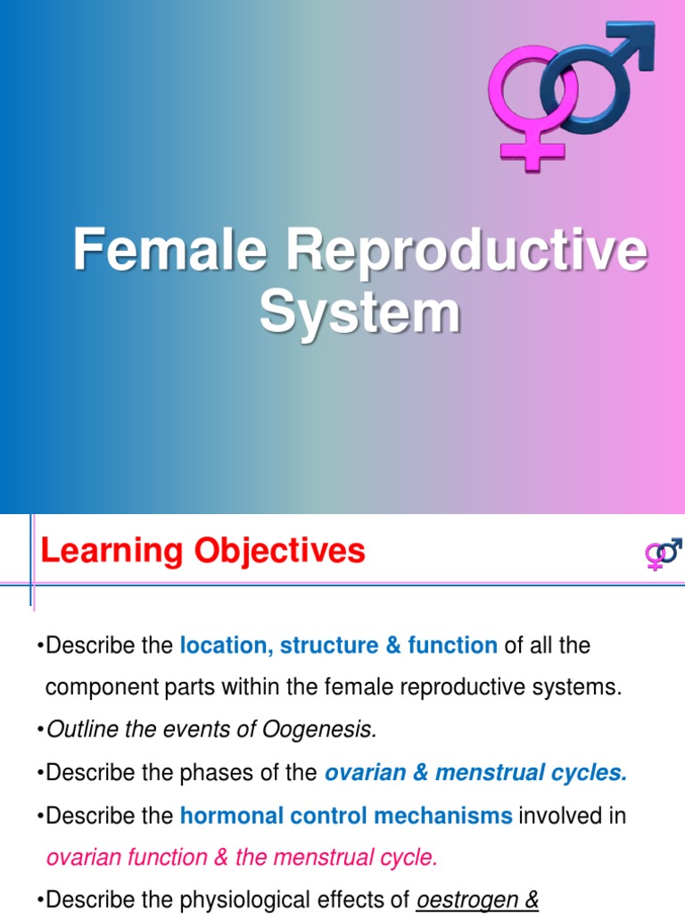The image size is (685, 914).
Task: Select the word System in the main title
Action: pos(359,312)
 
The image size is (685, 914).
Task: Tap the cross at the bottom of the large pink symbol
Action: pos(532,149)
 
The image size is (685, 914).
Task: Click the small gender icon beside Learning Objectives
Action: pos(663,553)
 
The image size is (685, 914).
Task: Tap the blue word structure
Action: pos(329,645)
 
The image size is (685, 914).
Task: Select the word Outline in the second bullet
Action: pos(78,729)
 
